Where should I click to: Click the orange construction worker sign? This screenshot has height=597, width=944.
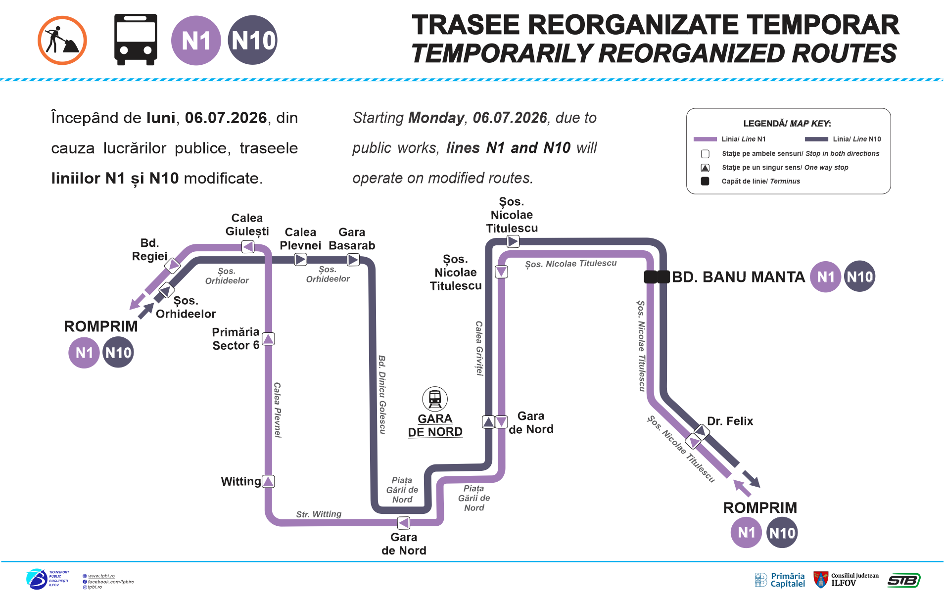tap(62, 41)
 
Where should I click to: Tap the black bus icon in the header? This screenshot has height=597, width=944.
tap(136, 40)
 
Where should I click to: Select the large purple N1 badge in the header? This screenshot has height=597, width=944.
tap(196, 41)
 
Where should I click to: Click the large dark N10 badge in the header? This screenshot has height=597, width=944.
tap(253, 41)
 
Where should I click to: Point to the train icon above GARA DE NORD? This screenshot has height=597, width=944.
tap(435, 399)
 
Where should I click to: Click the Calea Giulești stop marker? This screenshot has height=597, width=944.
tap(248, 246)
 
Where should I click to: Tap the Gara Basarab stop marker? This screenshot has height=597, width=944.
tap(353, 260)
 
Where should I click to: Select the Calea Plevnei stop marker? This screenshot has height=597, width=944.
tap(300, 259)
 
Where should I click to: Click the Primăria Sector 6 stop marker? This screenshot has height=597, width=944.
tap(268, 339)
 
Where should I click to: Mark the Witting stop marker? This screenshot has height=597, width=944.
tap(268, 481)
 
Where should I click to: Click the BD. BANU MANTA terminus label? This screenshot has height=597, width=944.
tap(738, 277)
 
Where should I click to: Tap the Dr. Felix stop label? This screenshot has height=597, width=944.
tap(730, 421)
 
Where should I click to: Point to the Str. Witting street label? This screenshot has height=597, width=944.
tap(319, 514)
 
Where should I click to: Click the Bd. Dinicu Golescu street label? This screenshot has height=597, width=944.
tap(382, 395)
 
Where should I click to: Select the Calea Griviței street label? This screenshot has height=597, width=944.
tap(479, 348)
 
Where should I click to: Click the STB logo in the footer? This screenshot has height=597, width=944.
tap(904, 580)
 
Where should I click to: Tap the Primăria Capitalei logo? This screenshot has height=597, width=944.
tap(780, 580)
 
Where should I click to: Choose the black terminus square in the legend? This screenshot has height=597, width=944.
tap(705, 181)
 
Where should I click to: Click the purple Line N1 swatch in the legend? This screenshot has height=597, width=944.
tap(705, 139)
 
